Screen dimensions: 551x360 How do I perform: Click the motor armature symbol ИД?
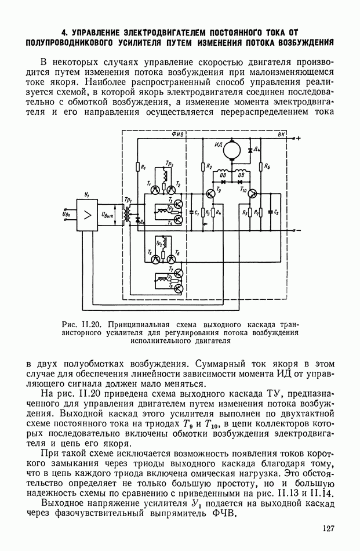coord(235,150)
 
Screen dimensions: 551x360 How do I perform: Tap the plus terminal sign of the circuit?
coord(298,138)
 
